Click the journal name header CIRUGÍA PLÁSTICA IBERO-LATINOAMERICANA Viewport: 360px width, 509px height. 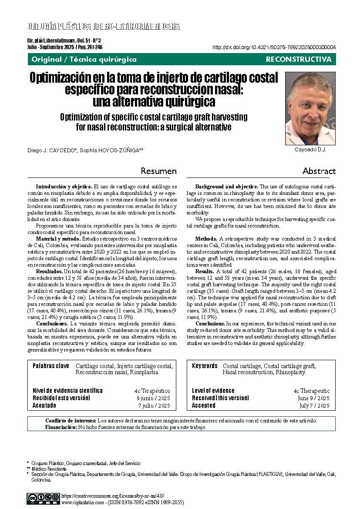pos(104,26)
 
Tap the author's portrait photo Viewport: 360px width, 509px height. pos(310,108)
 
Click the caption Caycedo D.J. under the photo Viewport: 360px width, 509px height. pos(310,149)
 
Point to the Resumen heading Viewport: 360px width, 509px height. pos(159,171)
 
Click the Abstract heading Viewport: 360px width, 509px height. pos(319,171)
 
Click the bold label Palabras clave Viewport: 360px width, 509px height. pos(51,366)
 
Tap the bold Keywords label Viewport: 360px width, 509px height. pos(205,366)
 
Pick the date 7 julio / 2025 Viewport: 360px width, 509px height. pos(154,405)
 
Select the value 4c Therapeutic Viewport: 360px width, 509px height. pos(312,391)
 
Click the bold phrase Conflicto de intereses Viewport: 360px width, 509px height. pos(71,421)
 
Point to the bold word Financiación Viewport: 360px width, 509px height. pos(61,427)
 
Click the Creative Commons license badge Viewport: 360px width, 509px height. pos(44,498)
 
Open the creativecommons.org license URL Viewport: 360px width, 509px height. pos(113,496)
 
